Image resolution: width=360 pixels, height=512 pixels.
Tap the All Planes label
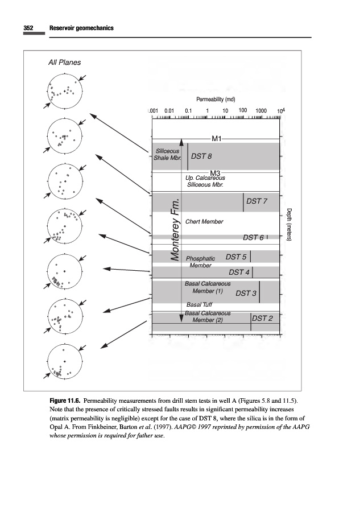click(x=64, y=63)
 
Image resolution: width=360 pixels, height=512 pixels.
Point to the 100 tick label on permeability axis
click(x=243, y=110)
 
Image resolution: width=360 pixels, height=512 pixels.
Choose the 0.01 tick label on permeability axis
click(x=169, y=110)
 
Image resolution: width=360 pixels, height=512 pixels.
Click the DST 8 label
click(x=202, y=156)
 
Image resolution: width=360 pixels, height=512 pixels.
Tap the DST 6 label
click(x=254, y=237)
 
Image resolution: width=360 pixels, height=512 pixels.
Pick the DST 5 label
click(x=236, y=257)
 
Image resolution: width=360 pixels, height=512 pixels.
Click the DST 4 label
click(x=239, y=272)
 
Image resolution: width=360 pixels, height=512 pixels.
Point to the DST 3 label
click(x=246, y=293)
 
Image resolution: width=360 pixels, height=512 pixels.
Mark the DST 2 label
click(x=263, y=318)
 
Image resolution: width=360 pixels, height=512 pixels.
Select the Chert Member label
click(x=204, y=221)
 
